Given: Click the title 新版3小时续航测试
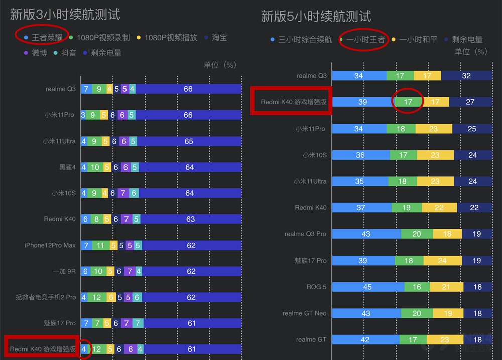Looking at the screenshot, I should click(x=65, y=14).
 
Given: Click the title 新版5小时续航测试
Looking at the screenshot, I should click(x=316, y=16).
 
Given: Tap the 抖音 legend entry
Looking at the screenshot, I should click(x=68, y=52).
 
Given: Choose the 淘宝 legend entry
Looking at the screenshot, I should click(x=219, y=37).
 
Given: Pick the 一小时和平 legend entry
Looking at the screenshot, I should click(x=418, y=39).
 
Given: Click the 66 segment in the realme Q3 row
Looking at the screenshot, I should click(x=188, y=89).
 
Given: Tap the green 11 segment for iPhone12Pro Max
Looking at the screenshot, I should click(x=100, y=245).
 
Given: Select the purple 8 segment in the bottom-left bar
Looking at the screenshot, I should click(x=131, y=349).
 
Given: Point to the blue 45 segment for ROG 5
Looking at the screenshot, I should click(x=367, y=287).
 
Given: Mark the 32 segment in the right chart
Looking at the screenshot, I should click(x=466, y=76).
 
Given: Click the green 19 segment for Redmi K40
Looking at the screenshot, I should click(x=406, y=207).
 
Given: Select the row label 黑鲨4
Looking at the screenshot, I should click(x=67, y=167).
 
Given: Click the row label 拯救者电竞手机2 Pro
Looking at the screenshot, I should click(x=46, y=297).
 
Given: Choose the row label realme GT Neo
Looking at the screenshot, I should click(x=304, y=313).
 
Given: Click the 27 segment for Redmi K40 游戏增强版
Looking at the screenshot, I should click(x=470, y=102).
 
